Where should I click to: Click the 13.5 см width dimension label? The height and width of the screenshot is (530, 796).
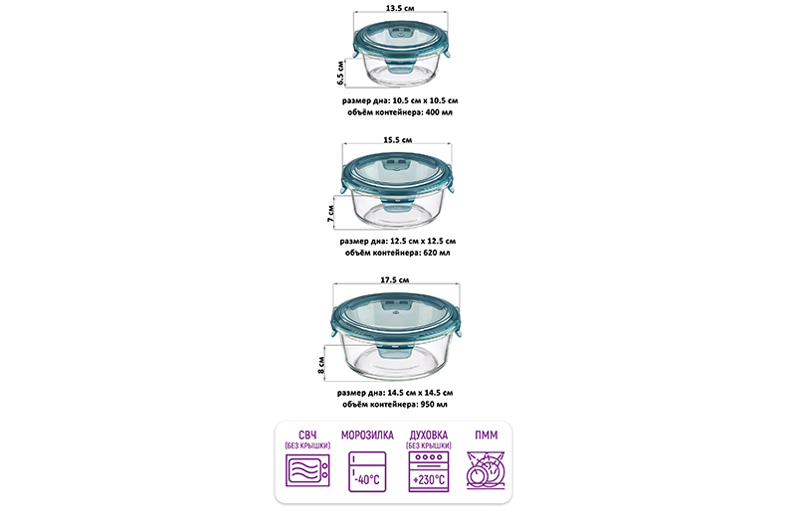coord(400,8)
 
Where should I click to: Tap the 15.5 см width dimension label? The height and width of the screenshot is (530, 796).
coord(397,140)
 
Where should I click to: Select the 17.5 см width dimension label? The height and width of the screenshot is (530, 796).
coord(394,280)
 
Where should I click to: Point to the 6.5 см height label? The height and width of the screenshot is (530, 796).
coord(340,73)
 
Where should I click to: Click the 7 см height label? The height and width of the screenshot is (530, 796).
coord(331,214)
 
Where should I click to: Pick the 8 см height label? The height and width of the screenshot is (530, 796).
coord(320,365)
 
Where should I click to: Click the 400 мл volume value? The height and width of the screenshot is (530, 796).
coord(439,112)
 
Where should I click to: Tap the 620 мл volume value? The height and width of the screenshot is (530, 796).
coord(436,253)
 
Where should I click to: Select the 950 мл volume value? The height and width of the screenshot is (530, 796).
coord(434,405)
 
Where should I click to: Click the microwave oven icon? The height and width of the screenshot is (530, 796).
coord(307,470)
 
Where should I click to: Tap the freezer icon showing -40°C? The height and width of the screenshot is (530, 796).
coord(367,471)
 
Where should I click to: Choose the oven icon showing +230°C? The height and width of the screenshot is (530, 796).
coord(429,471)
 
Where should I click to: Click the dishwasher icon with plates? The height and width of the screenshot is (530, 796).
coord(486,470)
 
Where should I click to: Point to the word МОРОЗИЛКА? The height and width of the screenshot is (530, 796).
coord(367,436)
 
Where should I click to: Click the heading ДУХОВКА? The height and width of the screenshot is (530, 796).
coord(429,436)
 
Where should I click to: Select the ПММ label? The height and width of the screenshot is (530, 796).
coord(486,436)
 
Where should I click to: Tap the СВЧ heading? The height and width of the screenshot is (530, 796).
coord(307,436)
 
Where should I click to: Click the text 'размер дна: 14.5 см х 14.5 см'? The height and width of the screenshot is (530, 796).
coord(395,393)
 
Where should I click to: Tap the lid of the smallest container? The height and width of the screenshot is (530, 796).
coord(402,43)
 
